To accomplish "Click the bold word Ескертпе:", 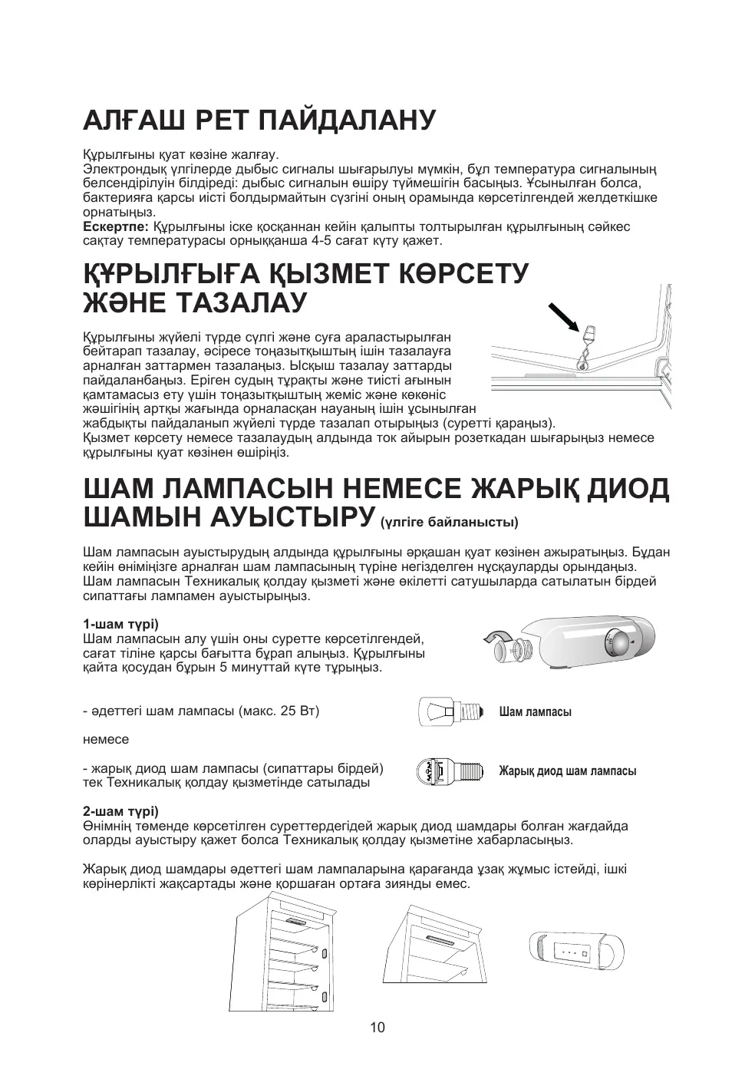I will pyautogui.click(x=115, y=227).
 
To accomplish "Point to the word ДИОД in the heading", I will pyautogui.click(x=628, y=489).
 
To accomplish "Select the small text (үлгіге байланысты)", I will pyautogui.click(x=450, y=523).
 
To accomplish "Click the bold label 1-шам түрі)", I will pyautogui.click(x=120, y=624).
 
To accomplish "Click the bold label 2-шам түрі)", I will pyautogui.click(x=120, y=811).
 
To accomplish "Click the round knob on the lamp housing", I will pyautogui.click(x=615, y=641).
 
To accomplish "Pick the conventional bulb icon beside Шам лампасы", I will pyautogui.click(x=452, y=711).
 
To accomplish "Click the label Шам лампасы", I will pyautogui.click(x=535, y=712).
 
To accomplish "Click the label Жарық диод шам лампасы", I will pyautogui.click(x=567, y=771).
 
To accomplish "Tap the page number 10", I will pyautogui.click(x=377, y=1028).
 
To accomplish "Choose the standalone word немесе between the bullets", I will pyautogui.click(x=106, y=740).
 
